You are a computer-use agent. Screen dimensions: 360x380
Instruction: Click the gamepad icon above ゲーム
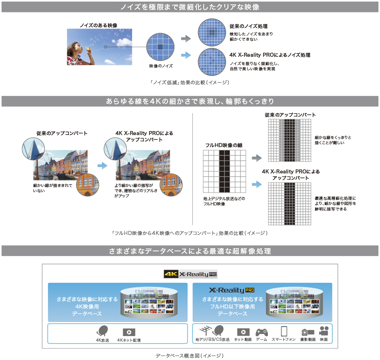[262, 332]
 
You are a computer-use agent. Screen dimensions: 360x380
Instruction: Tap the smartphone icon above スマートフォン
[284, 331]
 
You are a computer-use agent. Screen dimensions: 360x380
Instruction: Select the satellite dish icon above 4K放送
[102, 332]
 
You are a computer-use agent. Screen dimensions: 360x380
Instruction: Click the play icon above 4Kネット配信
[129, 332]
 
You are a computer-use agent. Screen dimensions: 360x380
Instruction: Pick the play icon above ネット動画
[243, 332]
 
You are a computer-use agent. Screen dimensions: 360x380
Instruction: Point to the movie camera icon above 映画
[324, 331]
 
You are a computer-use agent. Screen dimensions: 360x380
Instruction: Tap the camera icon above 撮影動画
[308, 332]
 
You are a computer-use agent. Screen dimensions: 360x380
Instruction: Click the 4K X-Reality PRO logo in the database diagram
[190, 274]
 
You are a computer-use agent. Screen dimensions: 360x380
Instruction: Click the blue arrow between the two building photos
[102, 165]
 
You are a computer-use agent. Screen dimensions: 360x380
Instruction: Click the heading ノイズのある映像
[98, 25]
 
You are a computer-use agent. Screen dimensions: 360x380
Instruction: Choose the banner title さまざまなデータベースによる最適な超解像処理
[190, 251]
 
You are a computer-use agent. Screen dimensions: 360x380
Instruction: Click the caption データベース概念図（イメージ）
[190, 355]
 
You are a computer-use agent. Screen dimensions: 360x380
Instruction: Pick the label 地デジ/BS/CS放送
[212, 340]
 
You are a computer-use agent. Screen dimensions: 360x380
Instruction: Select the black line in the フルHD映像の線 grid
[225, 171]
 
